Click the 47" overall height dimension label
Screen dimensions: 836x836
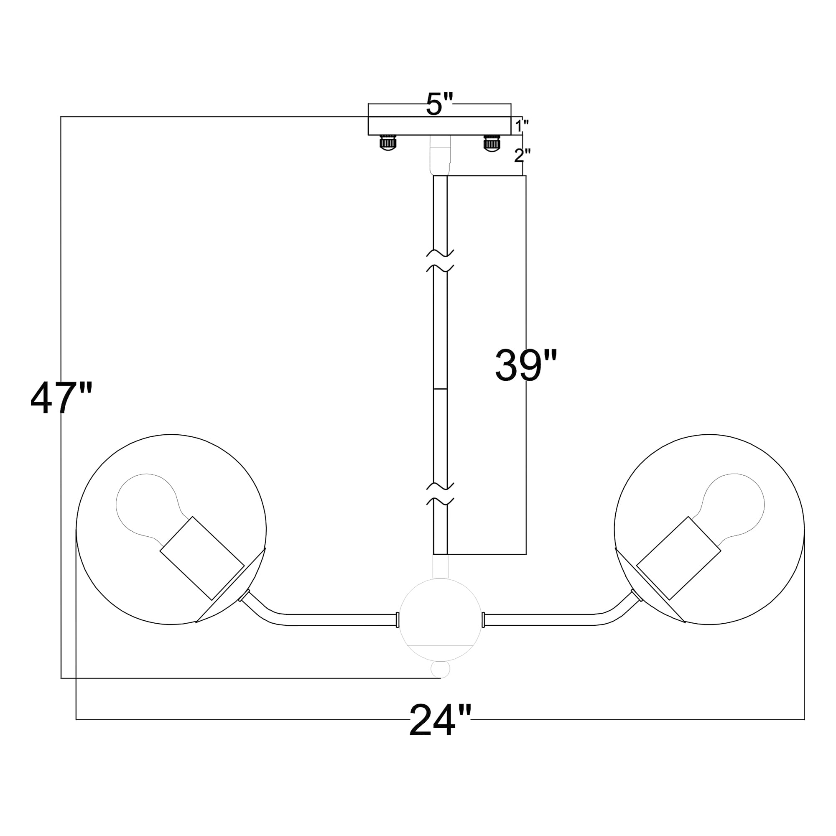tap(61, 398)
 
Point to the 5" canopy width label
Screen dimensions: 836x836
tap(440, 104)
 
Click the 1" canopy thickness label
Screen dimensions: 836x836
tap(522, 126)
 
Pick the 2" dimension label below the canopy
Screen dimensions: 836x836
tap(522, 155)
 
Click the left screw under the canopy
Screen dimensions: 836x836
tap(388, 143)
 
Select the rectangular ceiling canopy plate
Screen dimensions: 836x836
tap(440, 126)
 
